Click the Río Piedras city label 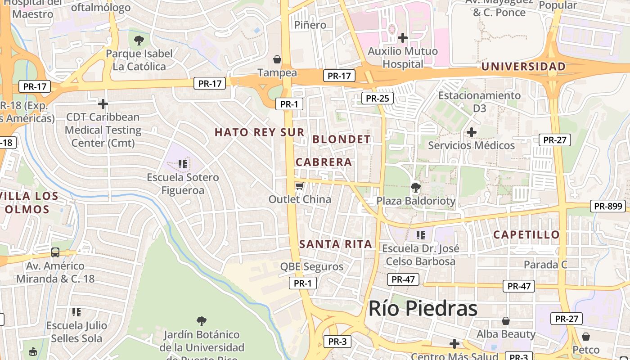click(423, 309)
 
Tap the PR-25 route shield click(377, 98)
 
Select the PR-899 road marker click(608, 206)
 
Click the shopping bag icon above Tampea click(277, 59)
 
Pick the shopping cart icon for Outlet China click(299, 186)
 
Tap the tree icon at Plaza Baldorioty click(416, 187)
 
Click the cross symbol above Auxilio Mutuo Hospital click(403, 37)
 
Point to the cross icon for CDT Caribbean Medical click(103, 104)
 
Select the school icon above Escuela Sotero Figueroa click(183, 164)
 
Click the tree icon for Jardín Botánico click(202, 321)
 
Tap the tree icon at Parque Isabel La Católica click(139, 40)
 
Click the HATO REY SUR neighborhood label click(260, 132)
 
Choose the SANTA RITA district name click(336, 244)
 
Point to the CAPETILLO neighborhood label click(526, 234)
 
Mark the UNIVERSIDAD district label click(523, 67)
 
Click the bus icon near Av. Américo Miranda click(55, 252)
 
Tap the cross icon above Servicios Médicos click(472, 132)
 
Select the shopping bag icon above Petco click(586, 337)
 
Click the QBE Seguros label click(312, 266)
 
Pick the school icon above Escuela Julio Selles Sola click(76, 312)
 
